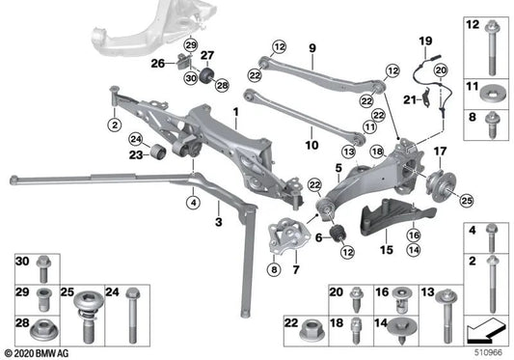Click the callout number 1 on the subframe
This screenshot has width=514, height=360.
[234, 113]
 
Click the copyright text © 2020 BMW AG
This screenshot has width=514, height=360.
[43, 354]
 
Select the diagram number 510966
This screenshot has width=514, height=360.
[489, 353]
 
